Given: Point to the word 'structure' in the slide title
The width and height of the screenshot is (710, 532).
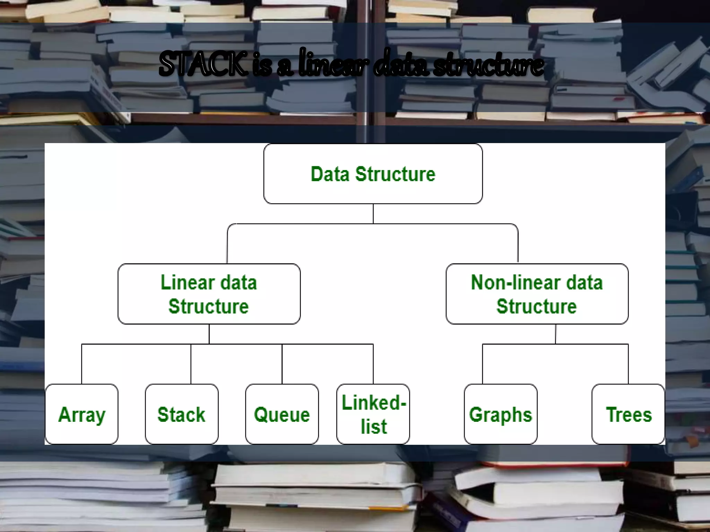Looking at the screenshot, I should (489, 65).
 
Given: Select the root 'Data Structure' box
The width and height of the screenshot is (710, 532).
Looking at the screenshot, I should (373, 174).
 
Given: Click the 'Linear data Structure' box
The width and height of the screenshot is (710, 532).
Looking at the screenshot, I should (209, 294).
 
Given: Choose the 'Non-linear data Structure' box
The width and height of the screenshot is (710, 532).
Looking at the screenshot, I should (537, 294).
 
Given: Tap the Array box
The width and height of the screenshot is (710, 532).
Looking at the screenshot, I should (82, 414).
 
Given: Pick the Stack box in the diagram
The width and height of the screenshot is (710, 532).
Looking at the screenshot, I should (182, 414).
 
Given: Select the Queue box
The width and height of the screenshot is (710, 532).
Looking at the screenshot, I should (282, 414).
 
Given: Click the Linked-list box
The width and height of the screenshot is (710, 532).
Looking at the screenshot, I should (373, 414).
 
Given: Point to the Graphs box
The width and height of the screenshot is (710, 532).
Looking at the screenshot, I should (501, 414).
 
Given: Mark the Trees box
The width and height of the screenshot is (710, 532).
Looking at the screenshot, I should (629, 414).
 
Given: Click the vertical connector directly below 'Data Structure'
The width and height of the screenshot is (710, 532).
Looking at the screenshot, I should (373, 214).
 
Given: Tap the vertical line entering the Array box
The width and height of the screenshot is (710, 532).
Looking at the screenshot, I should (82, 364).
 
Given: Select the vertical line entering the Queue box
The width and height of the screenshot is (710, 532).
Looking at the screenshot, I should (282, 364).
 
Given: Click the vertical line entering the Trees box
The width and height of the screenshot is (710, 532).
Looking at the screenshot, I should (628, 364).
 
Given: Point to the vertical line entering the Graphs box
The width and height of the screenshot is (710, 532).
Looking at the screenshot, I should (483, 364).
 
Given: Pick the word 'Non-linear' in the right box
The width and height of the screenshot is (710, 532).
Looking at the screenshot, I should (508, 283).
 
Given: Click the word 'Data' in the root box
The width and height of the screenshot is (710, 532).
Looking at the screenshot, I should (330, 174).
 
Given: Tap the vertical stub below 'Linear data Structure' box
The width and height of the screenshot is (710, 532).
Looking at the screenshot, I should (209, 334).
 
